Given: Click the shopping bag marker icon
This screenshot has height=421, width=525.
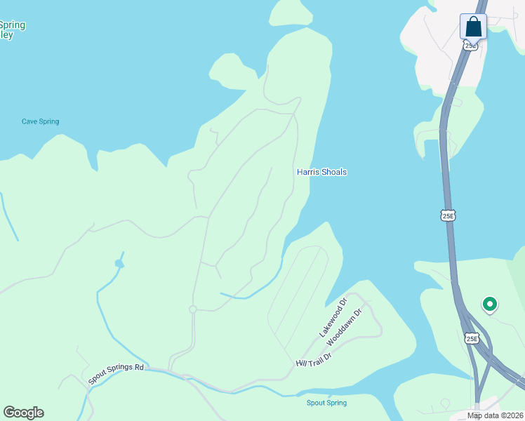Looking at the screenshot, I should pyautogui.click(x=474, y=27).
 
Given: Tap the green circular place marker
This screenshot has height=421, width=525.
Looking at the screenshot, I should pyautogui.click(x=490, y=305).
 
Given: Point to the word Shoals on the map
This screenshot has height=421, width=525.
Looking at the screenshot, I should pyautogui.click(x=334, y=172).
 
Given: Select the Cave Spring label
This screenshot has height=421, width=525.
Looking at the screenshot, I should pyautogui.click(x=40, y=121).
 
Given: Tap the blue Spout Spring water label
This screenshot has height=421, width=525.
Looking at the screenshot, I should pyautogui.click(x=326, y=403).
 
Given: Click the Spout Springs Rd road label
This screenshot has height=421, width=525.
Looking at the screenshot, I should pyautogui.click(x=116, y=373).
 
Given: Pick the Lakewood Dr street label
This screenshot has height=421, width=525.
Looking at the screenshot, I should pyautogui.click(x=333, y=318).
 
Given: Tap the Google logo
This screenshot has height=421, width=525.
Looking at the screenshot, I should pyautogui.click(x=23, y=413).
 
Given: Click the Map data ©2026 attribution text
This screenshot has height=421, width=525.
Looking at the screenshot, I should pyautogui.click(x=495, y=415).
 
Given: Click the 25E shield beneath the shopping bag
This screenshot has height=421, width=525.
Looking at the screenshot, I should pyautogui.click(x=471, y=45).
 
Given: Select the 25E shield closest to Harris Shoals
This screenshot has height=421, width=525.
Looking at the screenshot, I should pyautogui.click(x=448, y=215).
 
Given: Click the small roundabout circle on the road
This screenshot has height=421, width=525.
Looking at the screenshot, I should pyautogui.click(x=192, y=309).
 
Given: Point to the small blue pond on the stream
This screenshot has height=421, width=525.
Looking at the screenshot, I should pyautogui.click(x=119, y=264).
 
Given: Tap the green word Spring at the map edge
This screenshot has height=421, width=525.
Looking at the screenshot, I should pyautogui.click(x=13, y=25).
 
